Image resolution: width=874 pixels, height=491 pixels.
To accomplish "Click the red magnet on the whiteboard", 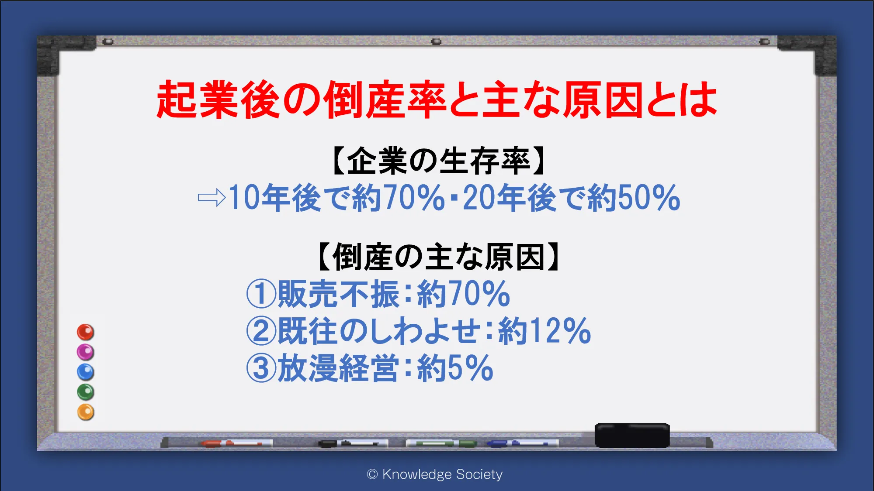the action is point(86,332).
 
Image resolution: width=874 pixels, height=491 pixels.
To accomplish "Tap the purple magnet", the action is point(86,352).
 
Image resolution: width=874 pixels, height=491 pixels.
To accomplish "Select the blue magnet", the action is point(86,372).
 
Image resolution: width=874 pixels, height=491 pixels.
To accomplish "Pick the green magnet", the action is point(86,392).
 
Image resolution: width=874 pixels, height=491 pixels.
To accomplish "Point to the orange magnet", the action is point(86,412).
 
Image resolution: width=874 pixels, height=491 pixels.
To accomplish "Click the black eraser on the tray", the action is point(632,435).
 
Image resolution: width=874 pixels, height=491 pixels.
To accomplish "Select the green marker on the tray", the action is point(441,443).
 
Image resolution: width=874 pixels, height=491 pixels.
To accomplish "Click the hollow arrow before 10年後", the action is point(212,198).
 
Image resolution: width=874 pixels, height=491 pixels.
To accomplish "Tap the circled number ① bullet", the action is point(261,294).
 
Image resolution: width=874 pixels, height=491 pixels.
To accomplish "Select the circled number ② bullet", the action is point(261,331).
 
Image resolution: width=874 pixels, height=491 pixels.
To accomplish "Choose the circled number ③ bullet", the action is point(261,368).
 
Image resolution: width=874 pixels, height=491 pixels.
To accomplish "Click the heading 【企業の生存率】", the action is point(438,161).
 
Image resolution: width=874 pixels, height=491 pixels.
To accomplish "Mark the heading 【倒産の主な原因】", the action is point(438,257).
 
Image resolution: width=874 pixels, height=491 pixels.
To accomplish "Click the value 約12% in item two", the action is point(545,331).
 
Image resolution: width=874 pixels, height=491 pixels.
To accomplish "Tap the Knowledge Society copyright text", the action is point(435,474).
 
